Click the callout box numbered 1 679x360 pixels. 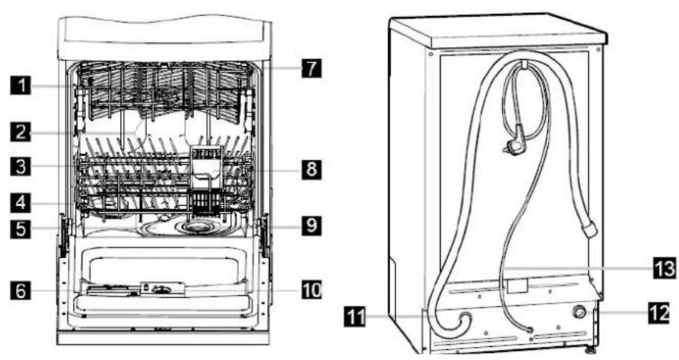click(x=21, y=84)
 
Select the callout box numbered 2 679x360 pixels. click(x=21, y=131)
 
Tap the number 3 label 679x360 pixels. click(x=21, y=166)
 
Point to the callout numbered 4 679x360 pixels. click(x=21, y=202)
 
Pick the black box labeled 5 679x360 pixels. click(x=21, y=228)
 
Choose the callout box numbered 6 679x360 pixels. click(x=21, y=290)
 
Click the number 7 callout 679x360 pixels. click(x=312, y=67)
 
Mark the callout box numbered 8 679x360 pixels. click(x=312, y=169)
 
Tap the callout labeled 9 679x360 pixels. click(x=312, y=225)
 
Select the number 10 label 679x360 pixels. click(x=312, y=290)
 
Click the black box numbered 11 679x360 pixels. click(x=355, y=316)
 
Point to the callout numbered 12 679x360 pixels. click(x=660, y=313)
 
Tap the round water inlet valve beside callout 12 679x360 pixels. click(x=579, y=313)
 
